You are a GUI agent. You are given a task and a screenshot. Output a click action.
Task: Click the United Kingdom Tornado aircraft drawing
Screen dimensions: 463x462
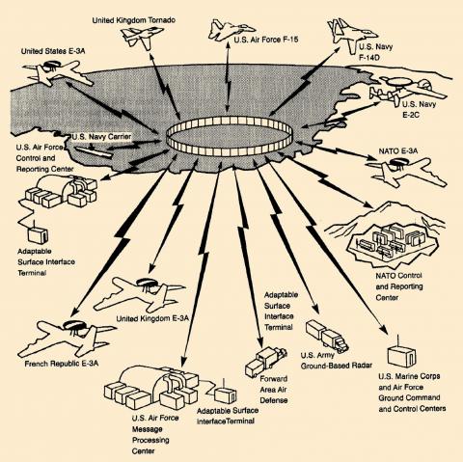click(142, 36)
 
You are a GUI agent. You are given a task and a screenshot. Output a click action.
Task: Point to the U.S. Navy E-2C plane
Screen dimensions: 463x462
click(408, 89)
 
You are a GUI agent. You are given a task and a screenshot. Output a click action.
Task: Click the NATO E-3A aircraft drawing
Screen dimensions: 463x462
click(406, 172)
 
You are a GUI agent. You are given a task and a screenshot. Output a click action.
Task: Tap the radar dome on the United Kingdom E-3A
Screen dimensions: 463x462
click(148, 283)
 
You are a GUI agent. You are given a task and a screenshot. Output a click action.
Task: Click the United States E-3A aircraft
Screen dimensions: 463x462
click(57, 72)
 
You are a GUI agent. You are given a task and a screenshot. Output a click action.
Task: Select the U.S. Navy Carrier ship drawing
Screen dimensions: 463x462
click(94, 151)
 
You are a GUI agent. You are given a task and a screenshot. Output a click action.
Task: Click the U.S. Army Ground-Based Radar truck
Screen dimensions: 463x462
click(326, 336)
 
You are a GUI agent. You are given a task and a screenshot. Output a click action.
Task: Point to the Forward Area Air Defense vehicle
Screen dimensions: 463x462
click(265, 362)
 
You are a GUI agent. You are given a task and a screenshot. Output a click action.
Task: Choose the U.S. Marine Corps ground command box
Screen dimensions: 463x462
click(401, 355)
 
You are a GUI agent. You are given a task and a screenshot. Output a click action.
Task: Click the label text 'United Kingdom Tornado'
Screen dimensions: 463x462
click(134, 20)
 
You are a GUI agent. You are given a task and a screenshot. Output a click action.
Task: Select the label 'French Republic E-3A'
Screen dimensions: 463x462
click(62, 364)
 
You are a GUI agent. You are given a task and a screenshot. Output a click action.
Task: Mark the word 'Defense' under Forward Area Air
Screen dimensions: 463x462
click(274, 400)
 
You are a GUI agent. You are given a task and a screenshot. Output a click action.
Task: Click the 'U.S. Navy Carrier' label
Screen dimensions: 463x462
click(101, 137)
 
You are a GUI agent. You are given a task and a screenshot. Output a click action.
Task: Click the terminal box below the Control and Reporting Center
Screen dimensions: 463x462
click(38, 234)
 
